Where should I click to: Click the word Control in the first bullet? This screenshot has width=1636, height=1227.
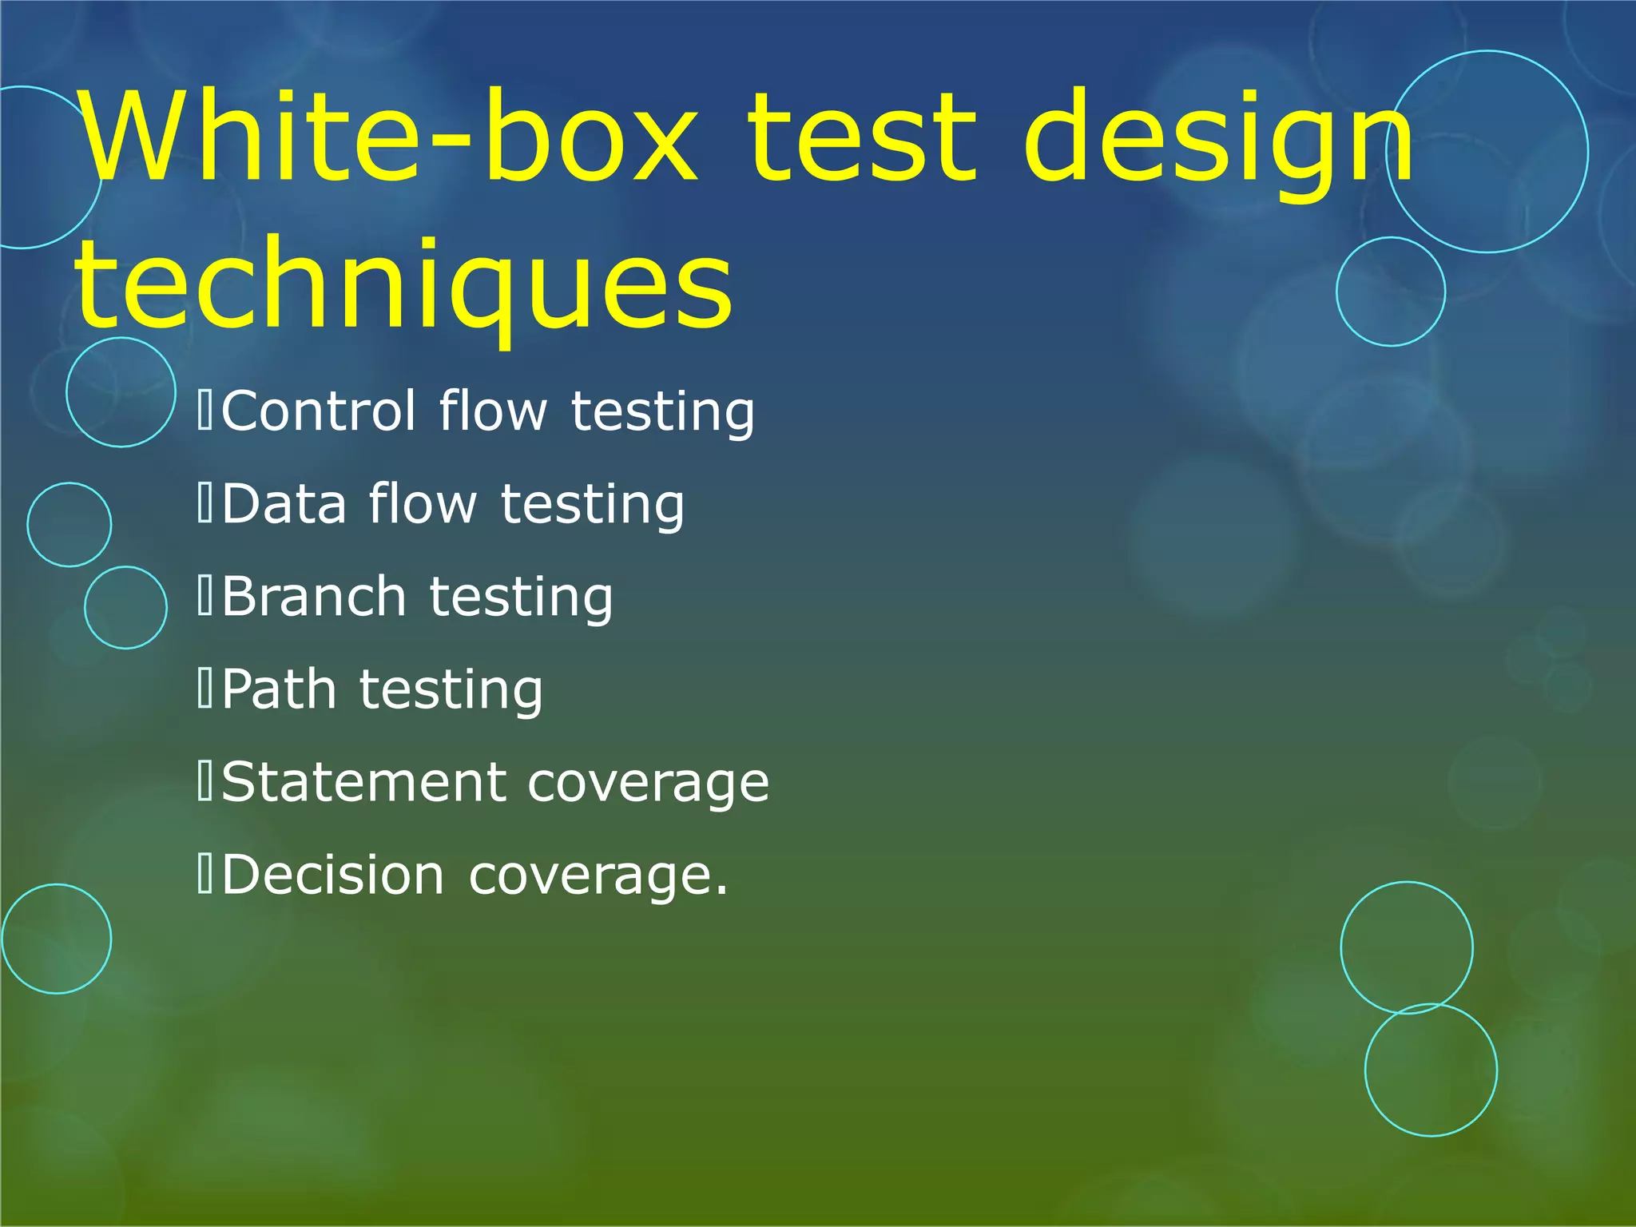318,411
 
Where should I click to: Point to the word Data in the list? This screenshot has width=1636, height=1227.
284,505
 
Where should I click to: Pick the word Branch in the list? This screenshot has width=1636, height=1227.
314,597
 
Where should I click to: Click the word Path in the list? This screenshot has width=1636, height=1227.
279,689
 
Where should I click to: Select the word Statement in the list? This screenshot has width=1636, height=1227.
363,782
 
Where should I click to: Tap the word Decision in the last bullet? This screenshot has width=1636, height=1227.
332,876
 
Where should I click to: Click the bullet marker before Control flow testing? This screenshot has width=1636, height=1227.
205,411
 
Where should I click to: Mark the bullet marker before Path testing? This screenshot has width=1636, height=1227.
205,689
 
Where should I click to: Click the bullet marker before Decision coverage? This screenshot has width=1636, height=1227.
205,876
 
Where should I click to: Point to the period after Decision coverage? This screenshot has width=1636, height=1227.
721,891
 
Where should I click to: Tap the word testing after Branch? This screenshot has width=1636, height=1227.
522,598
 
